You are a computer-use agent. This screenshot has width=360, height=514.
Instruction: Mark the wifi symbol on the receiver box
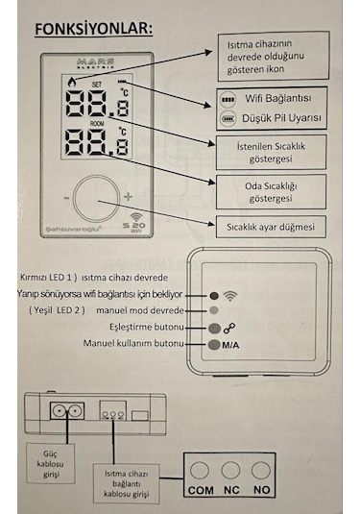tap(230, 295)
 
